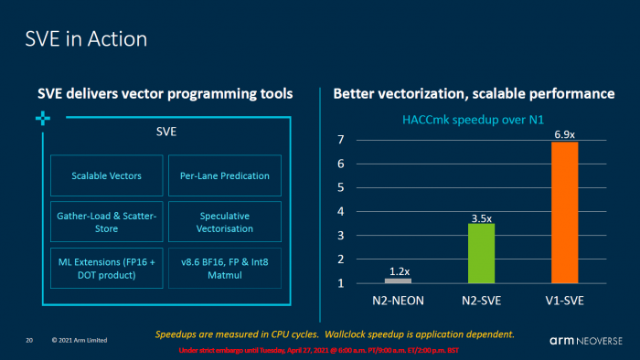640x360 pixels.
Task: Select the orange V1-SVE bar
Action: (564, 212)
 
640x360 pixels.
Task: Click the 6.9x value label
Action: (564, 133)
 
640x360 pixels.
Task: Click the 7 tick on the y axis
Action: (339, 140)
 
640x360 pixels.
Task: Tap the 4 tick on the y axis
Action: (339, 212)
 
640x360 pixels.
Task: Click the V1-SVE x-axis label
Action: (564, 298)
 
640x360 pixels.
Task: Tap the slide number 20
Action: (29, 341)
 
